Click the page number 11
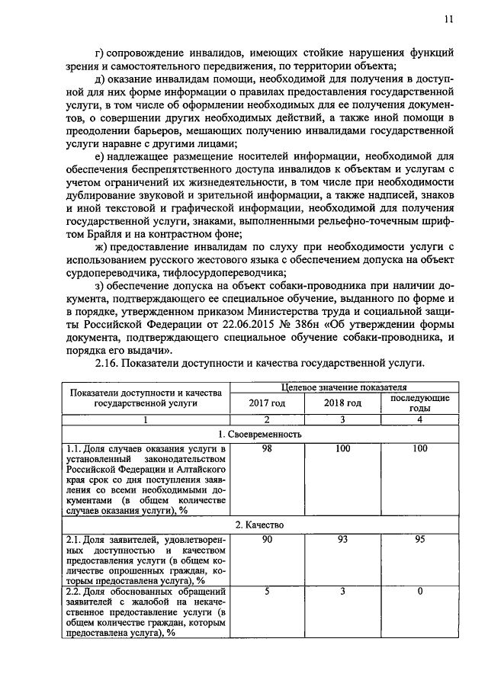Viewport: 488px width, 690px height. pos(448,21)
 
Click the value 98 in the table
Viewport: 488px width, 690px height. pos(267,450)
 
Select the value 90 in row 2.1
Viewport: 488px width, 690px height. pos(267,540)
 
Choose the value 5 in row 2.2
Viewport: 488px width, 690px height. pos(267,591)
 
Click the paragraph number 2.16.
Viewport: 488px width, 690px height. pos(109,364)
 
